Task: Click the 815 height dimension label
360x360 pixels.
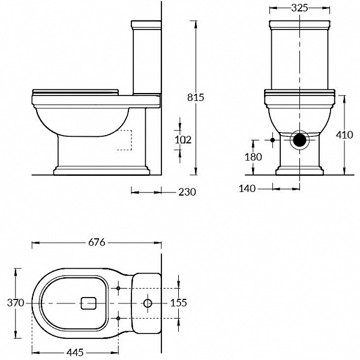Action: tap(196, 98)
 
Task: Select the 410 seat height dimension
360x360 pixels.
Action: tap(344, 136)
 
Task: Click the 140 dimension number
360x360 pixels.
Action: tap(247, 188)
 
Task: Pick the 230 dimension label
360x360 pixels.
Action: tap(187, 192)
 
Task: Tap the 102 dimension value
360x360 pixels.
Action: tap(182, 140)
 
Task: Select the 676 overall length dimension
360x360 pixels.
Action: tap(97, 242)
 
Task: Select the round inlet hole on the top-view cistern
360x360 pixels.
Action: tap(148, 304)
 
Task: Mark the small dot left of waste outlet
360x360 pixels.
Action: tap(272, 140)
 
